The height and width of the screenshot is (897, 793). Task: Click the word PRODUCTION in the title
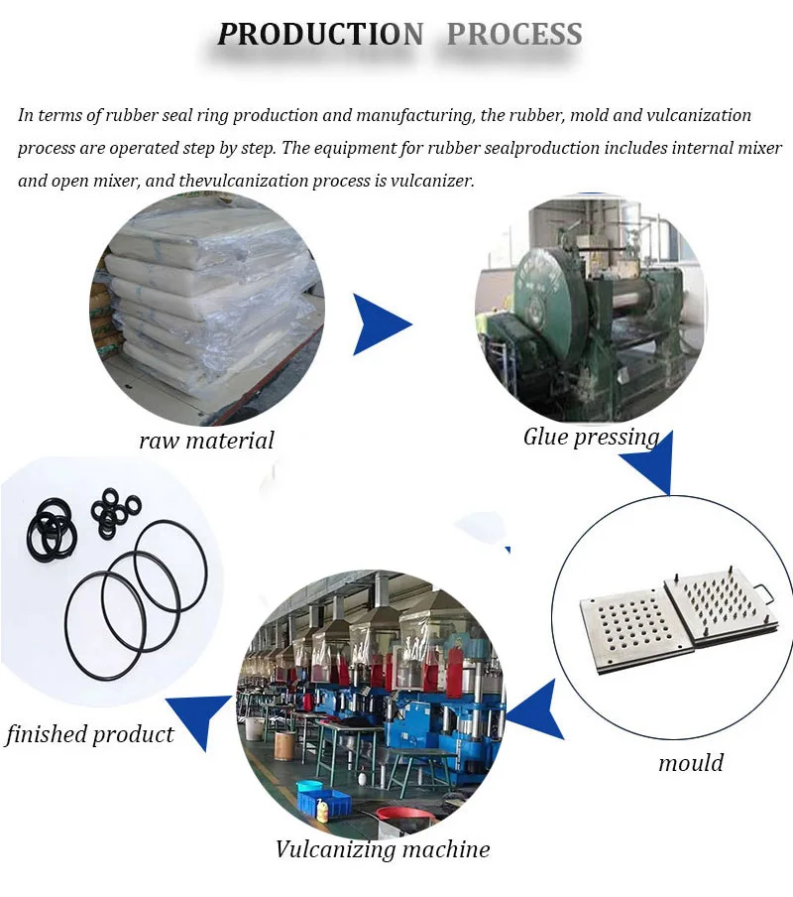320,35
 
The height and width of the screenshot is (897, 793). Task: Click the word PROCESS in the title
514,35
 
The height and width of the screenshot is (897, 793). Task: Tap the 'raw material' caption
206,441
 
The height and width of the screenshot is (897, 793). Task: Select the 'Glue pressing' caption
592,438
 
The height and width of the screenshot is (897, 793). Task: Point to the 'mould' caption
691,763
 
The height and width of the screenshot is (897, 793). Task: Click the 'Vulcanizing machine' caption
383,849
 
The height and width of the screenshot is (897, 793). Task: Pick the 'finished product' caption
89,734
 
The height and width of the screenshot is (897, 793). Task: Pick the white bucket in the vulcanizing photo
254,729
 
